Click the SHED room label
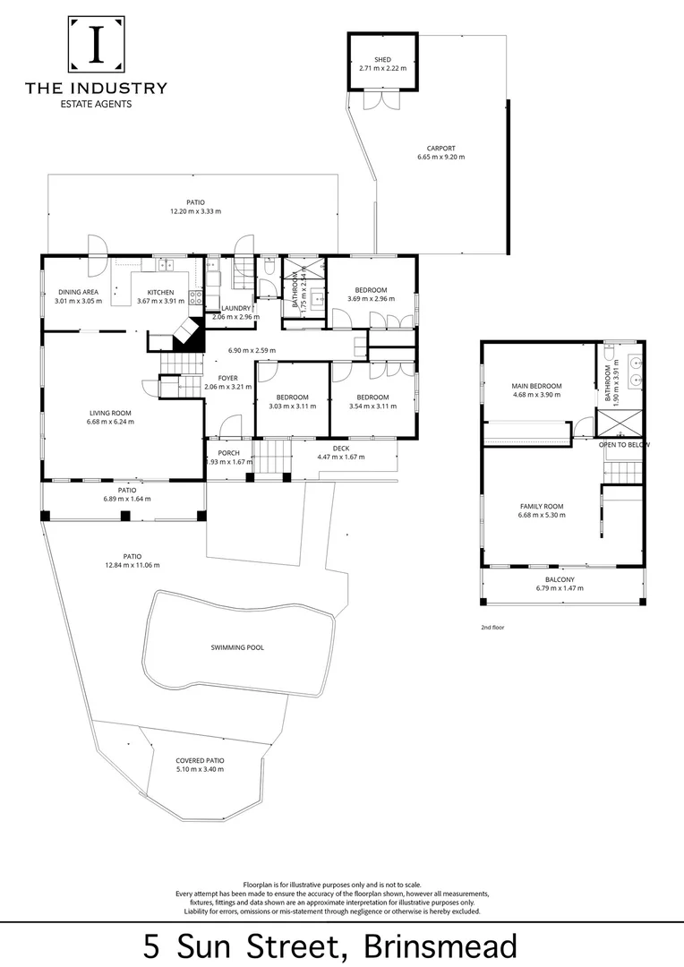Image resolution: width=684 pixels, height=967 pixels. coord(383,59)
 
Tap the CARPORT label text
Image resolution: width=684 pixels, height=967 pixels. coord(441,148)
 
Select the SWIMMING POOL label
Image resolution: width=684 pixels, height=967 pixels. coord(237,647)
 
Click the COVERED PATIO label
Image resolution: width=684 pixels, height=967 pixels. coord(200,760)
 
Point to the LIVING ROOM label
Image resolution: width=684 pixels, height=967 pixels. coord(110,414)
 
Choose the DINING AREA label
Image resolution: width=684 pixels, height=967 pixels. coord(79,292)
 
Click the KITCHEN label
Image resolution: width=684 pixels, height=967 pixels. coord(160,292)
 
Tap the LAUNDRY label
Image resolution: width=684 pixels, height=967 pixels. coord(235,308)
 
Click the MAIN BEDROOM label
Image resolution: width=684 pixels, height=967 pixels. coord(537,386)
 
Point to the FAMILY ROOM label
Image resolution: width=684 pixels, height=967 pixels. coord(542,507)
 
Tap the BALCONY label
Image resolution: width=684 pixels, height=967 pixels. coord(559,579)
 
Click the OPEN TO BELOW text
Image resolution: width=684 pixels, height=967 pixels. coord(624,445)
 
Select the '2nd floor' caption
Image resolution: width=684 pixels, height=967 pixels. coord(492,628)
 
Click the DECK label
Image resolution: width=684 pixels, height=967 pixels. coord(340,448)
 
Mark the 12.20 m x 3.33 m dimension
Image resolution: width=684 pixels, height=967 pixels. coord(195,211)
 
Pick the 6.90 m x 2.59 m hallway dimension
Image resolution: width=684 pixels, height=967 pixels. coord(252,350)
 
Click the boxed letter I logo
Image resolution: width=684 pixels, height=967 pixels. coord(96,43)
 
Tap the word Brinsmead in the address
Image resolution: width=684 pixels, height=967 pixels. coord(441,946)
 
